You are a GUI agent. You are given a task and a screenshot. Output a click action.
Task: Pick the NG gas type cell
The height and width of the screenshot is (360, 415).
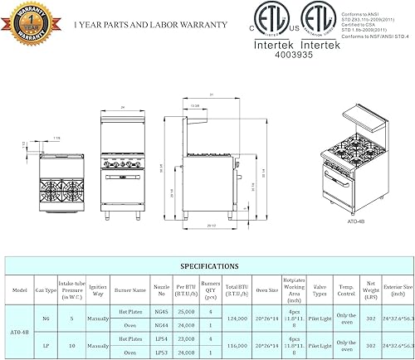pos(46,319)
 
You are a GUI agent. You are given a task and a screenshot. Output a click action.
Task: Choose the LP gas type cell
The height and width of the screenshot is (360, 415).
pos(46,343)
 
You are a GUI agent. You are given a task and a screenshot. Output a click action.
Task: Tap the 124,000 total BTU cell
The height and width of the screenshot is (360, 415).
pos(237,319)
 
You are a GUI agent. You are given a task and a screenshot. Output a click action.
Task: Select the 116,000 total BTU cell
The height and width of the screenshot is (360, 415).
pos(237,343)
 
